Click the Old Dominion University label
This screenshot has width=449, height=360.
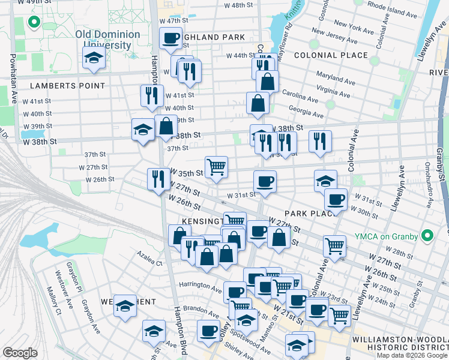click(108, 40)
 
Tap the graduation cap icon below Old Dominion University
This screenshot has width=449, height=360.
click(94, 59)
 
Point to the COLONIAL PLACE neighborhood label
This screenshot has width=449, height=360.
click(331, 55)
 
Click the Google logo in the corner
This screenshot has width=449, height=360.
click(19, 353)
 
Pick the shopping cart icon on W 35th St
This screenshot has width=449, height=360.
click(215, 167)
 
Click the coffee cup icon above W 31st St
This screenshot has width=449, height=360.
click(265, 182)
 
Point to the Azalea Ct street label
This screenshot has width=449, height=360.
click(149, 263)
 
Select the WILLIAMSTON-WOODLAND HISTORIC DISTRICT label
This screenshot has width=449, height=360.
click(399, 344)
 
